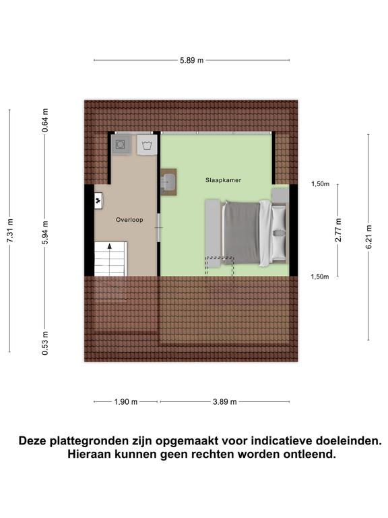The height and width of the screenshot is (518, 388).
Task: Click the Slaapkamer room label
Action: coord(224,181)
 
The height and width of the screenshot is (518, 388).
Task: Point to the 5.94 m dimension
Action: coord(45,230)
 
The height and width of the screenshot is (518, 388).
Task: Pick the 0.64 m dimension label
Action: coord(45,120)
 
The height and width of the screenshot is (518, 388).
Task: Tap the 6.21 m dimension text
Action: coord(368,237)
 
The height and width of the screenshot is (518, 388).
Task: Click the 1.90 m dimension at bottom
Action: coord(125,401)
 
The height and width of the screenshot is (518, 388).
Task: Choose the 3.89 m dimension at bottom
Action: coord(224,401)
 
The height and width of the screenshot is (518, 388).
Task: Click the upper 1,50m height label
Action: coord(320,183)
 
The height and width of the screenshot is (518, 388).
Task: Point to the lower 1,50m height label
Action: coord(320,277)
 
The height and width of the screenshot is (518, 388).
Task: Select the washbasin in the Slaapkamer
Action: coord(168,182)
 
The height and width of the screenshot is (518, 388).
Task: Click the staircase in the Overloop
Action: coord(110,259)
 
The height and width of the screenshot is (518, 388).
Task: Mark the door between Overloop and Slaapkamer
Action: coord(159,229)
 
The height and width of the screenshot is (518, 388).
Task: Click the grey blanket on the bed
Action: coord(241,231)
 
